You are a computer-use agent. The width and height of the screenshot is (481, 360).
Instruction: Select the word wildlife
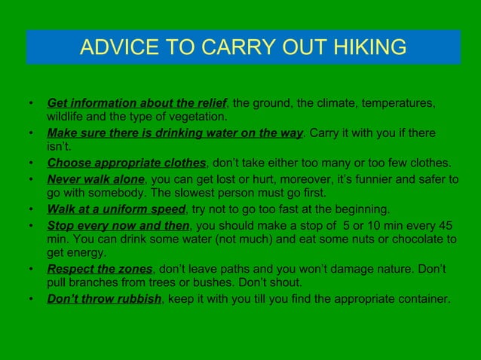[x=67, y=117]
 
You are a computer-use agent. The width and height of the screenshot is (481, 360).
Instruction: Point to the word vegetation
[x=197, y=117]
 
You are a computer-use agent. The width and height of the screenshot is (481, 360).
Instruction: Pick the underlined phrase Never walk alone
[x=95, y=179]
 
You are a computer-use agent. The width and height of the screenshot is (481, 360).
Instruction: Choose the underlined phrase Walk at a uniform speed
[x=116, y=209]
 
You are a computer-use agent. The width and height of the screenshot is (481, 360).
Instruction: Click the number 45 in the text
[x=446, y=225]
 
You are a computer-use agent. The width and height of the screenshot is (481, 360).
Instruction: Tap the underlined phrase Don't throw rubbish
[x=105, y=299]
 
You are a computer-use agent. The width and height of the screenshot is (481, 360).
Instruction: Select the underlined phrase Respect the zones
[x=100, y=269]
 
